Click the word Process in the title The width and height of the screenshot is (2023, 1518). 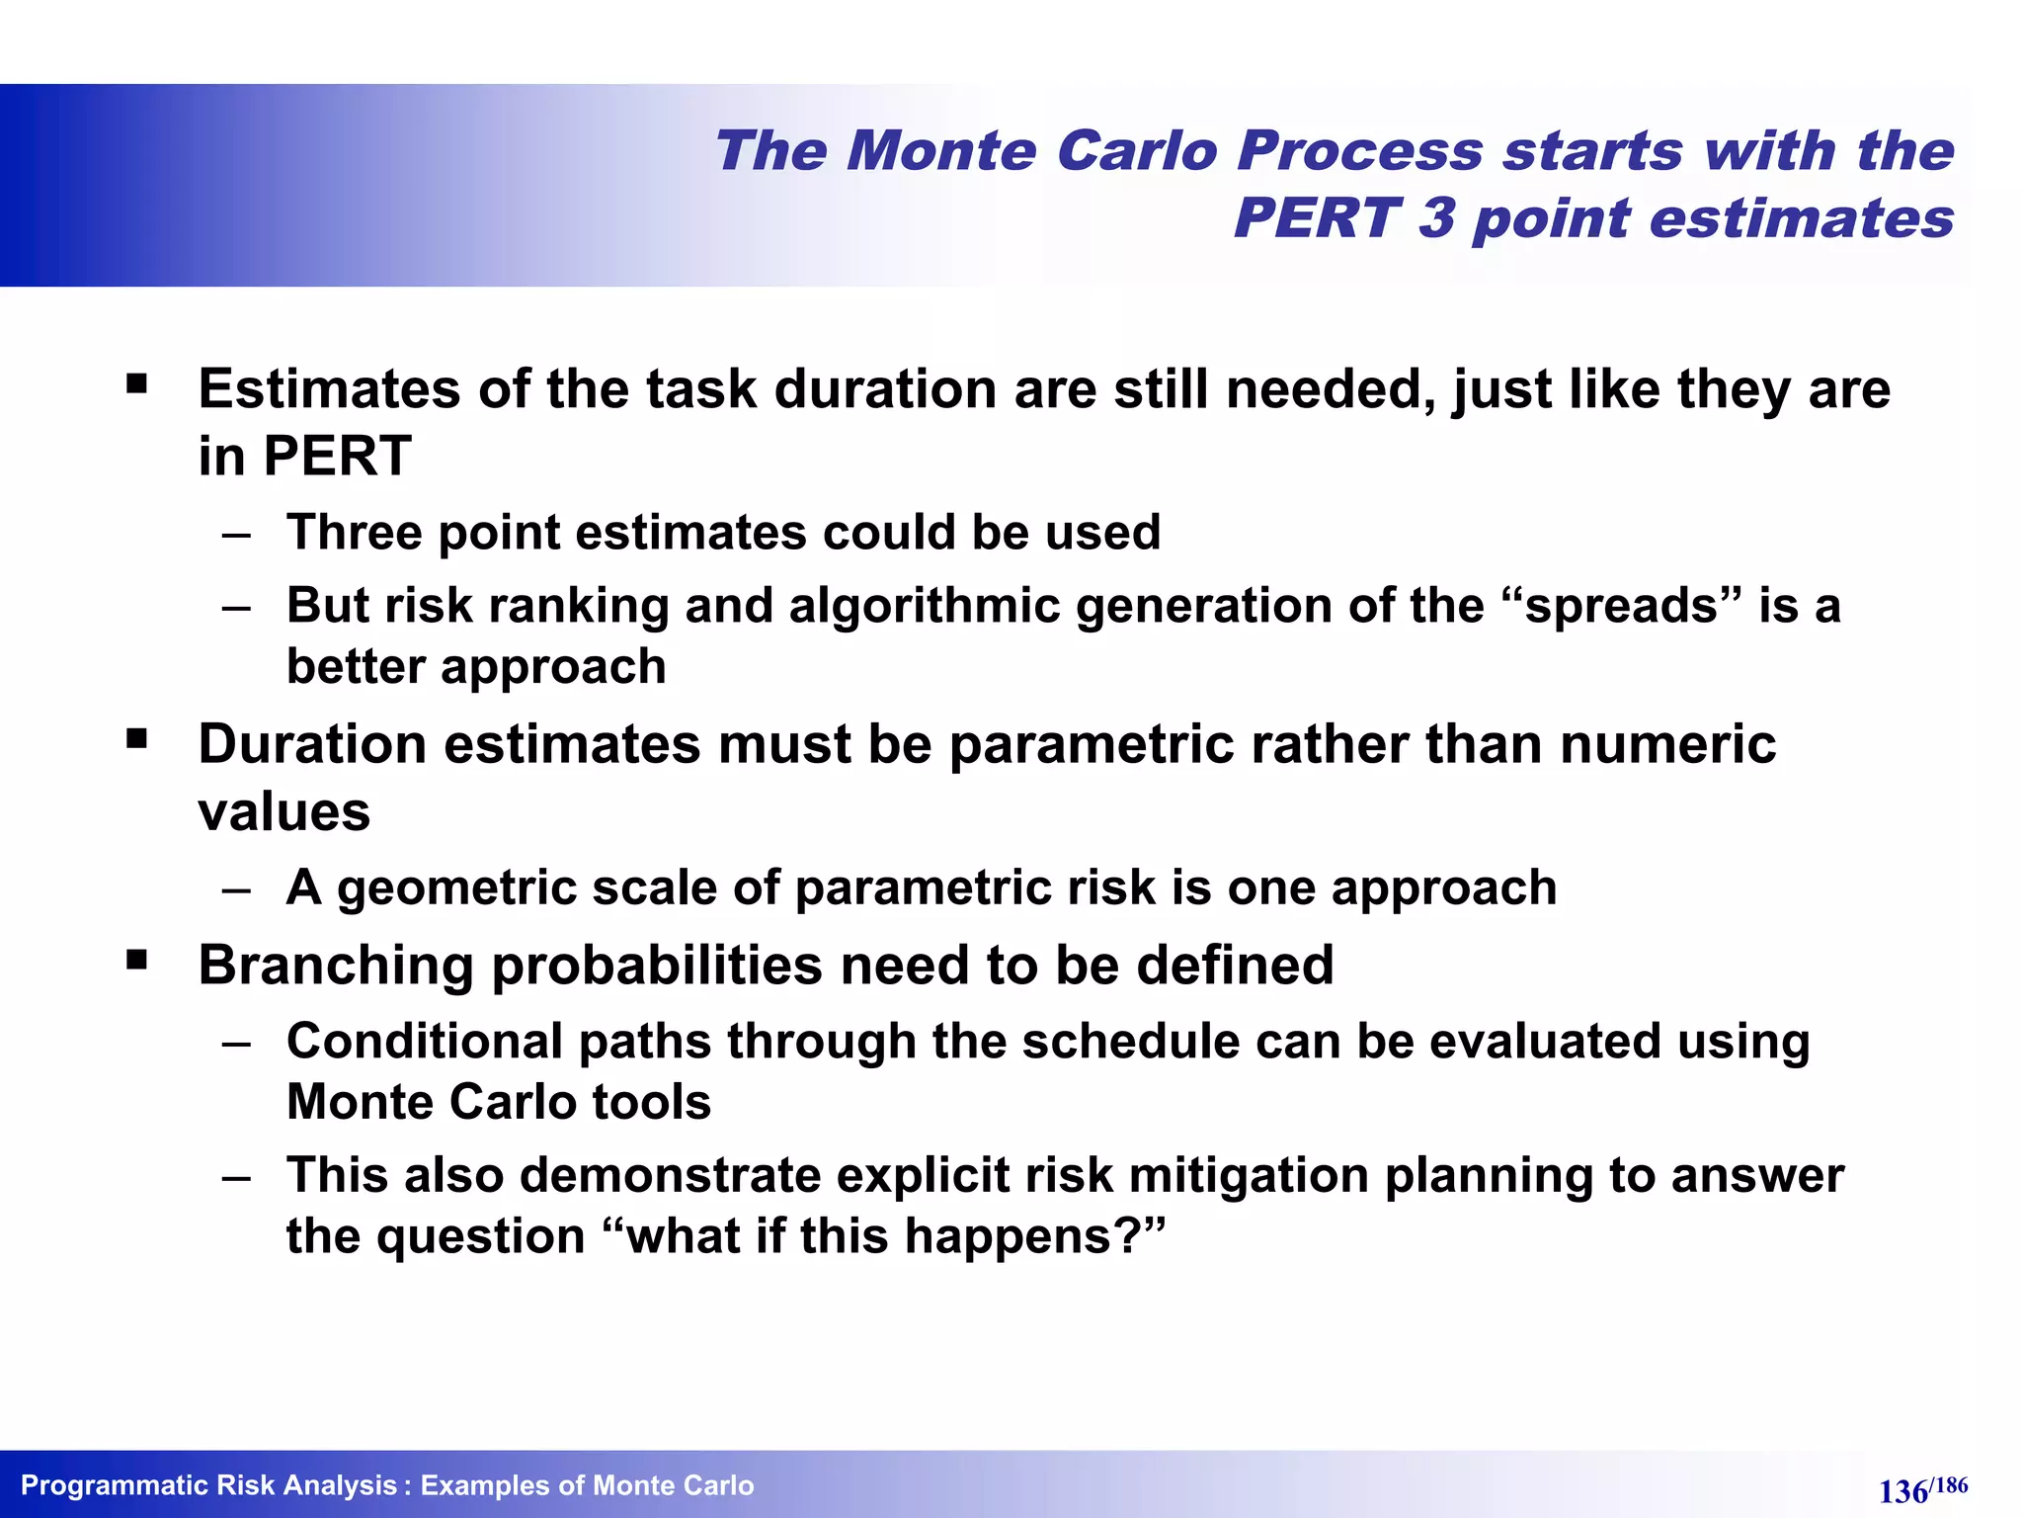(1359, 152)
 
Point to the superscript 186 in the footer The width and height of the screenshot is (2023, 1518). (1950, 1484)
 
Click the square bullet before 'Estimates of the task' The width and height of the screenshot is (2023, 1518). (136, 383)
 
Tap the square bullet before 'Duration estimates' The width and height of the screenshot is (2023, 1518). (136, 738)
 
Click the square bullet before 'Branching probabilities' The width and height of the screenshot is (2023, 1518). (136, 959)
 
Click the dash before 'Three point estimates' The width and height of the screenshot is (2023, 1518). (236, 535)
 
